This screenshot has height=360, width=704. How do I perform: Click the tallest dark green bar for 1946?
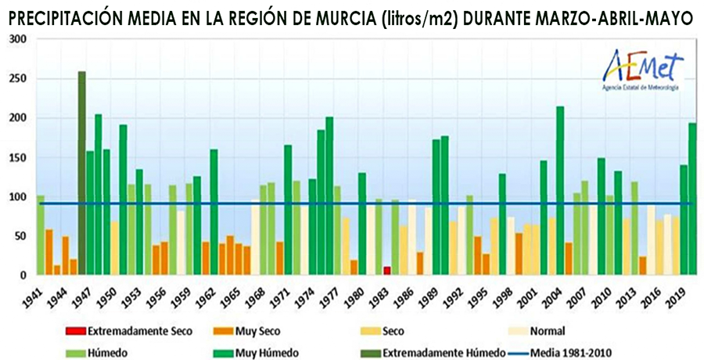point(81,173)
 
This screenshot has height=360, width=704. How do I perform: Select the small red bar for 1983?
point(386,271)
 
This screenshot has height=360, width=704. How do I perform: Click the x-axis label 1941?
point(32,297)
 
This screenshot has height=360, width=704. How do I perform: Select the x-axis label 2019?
point(677,297)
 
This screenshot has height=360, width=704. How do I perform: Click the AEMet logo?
point(641,70)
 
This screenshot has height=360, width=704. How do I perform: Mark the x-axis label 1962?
point(206,297)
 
